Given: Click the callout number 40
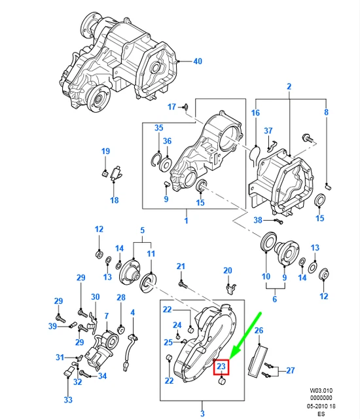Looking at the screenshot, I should (x=197, y=62).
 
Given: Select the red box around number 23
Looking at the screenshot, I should (x=221, y=367).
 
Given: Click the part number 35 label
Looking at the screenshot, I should (x=158, y=128).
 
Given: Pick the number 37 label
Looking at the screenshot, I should (x=268, y=131).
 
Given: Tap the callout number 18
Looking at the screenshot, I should (x=114, y=200).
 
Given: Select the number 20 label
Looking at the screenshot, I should (x=227, y=270).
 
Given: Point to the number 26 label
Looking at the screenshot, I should (x=258, y=331).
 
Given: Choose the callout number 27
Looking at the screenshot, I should (x=291, y=370).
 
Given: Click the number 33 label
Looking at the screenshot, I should (x=69, y=399).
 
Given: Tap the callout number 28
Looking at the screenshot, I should (x=120, y=298).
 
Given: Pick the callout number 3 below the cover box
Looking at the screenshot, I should (x=202, y=414).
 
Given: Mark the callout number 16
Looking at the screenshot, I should (x=255, y=113).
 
